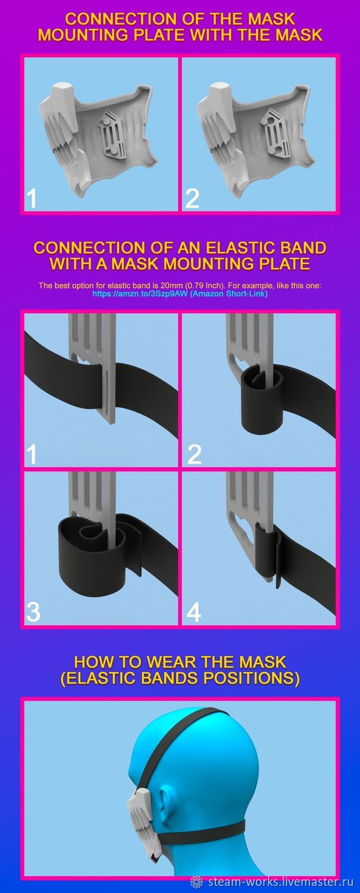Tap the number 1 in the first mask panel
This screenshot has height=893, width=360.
pos(31,198)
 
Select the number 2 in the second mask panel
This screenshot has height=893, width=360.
pos(192,198)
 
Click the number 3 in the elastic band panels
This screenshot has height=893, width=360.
pos(33,612)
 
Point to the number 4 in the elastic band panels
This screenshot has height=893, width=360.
pos(194,612)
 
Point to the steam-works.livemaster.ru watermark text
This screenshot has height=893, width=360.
pos(281,880)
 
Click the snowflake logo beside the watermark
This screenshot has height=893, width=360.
pos(197,881)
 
